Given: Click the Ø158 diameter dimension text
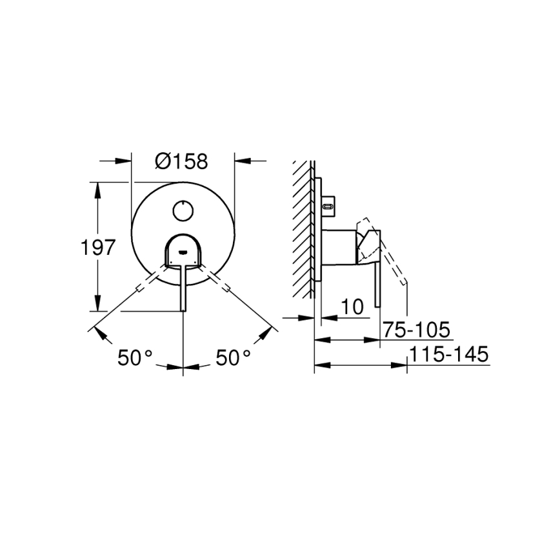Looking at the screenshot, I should point(182,161).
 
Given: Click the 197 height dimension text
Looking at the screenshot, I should point(97,247).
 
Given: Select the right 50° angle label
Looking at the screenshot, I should point(233,357).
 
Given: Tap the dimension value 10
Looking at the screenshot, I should point(351,307).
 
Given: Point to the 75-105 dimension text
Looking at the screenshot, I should point(415,330).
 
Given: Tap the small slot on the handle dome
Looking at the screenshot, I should point(183,253).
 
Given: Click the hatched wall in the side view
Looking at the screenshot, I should point(303,226).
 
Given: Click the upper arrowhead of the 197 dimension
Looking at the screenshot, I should point(97,188).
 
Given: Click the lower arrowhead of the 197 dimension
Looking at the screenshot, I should point(97,305).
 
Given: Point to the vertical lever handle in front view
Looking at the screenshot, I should point(184,287).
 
